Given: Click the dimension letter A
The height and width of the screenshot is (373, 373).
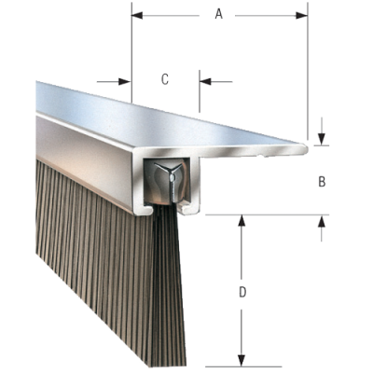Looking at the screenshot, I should (x=218, y=14).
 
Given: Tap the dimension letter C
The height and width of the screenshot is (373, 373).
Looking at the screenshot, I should (x=165, y=80).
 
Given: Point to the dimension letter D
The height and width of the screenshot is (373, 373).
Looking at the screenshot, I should (x=242, y=293).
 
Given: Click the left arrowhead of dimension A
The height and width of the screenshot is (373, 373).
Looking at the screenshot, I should (x=136, y=14).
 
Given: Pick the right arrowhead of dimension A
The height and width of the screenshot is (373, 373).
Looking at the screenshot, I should (x=302, y=14).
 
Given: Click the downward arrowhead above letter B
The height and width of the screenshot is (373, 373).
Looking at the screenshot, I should (x=322, y=139).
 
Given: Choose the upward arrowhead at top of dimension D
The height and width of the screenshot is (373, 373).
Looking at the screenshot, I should (x=242, y=220).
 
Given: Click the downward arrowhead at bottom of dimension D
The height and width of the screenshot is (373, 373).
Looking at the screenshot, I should (x=242, y=362).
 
